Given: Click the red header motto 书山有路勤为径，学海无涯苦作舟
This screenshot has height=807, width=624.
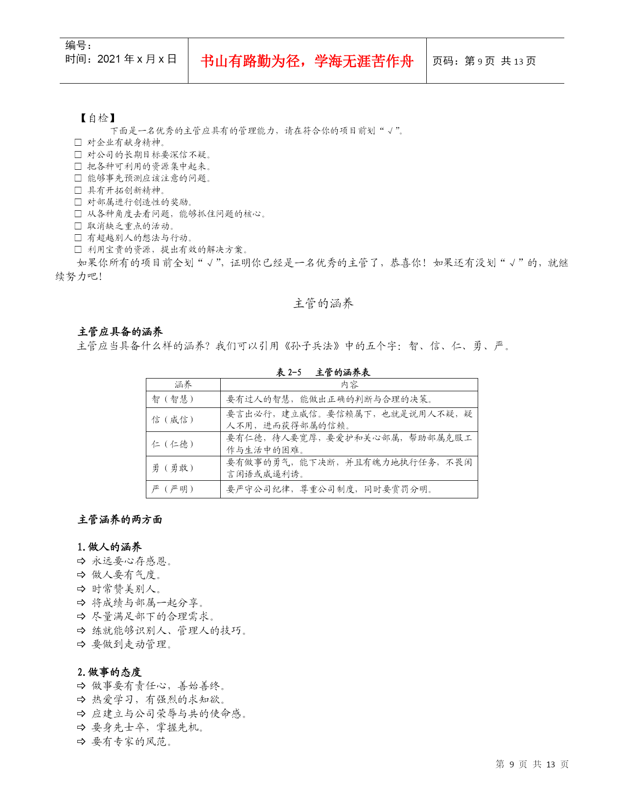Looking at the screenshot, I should point(307,61).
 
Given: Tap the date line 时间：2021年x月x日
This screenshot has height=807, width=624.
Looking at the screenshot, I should point(121,59).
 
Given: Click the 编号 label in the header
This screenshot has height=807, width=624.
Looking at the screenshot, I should point(78,45).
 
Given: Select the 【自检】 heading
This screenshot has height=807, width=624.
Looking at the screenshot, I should point(98,118).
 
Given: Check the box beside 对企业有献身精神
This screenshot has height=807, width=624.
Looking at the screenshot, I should point(78,142).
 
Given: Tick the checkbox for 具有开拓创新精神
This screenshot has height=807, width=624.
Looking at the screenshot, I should point(78,190).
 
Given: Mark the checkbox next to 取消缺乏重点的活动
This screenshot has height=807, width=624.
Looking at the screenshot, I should point(78,226).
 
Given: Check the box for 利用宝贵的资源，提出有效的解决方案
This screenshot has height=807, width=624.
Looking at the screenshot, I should point(78,249).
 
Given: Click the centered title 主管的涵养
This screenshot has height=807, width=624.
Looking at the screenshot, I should point(323,304).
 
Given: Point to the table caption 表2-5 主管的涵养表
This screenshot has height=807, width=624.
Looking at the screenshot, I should point(323,372).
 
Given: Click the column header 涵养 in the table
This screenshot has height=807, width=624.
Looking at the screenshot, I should point(183,385).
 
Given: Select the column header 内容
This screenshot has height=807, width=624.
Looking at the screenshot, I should point(349,385).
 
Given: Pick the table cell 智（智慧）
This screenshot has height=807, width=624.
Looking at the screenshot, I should point(173,399).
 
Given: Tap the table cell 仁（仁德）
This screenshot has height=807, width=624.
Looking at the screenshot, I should point(173,444).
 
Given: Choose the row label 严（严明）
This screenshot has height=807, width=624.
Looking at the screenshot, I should point(173,489).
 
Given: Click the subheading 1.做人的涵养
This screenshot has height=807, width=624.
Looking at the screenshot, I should point(110,547).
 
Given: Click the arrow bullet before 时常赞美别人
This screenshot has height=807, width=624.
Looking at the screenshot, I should point(81,589).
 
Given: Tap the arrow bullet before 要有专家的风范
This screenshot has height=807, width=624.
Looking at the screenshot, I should point(81,742).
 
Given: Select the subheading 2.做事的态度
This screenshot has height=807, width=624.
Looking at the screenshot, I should point(110,672).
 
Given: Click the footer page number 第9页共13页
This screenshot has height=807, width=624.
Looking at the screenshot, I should point(532,764).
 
